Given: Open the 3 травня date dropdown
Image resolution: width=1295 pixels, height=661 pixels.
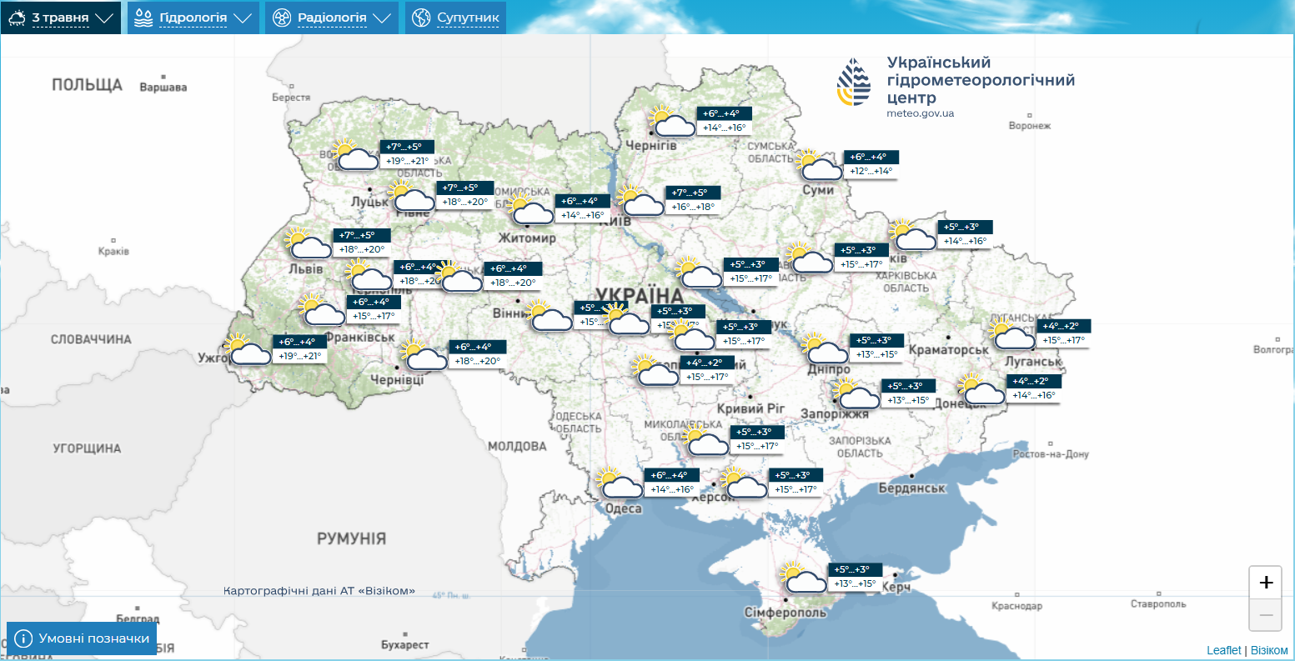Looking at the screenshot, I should point(60,18).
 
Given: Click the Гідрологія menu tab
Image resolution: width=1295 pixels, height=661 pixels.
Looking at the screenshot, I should point(193,18).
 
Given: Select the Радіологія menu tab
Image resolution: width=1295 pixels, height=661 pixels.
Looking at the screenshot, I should point(332,18).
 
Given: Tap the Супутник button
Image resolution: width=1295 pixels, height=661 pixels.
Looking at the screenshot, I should point(456,18).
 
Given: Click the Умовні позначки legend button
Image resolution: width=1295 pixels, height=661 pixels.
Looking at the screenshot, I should point(82,638).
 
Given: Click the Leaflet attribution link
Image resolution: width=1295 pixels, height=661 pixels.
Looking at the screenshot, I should point(1223,650).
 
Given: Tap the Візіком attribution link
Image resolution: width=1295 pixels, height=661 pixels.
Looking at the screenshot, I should point(1269,650).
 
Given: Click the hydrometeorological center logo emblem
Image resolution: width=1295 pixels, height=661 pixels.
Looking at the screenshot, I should point(854,82).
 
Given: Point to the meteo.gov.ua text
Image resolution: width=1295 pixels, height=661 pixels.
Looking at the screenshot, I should point(920,113).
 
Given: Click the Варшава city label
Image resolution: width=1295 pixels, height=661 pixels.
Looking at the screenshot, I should point(163,88).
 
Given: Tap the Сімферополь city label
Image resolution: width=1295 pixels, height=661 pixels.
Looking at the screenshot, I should point(786,613).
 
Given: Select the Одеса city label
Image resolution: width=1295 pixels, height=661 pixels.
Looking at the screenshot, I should point(624,508).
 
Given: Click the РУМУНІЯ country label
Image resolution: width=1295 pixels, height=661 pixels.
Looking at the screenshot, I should point(351,538).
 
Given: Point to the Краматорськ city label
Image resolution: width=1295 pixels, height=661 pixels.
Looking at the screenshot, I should point(948,350).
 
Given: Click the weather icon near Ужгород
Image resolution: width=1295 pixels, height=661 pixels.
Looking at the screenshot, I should point(248,350).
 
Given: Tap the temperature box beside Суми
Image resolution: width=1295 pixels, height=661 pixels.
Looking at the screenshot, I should point(871,164).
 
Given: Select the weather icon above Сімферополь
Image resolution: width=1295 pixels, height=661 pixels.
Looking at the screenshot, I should point(802,578).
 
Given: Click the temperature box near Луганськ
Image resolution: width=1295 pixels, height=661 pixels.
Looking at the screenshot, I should point(1063,333).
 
